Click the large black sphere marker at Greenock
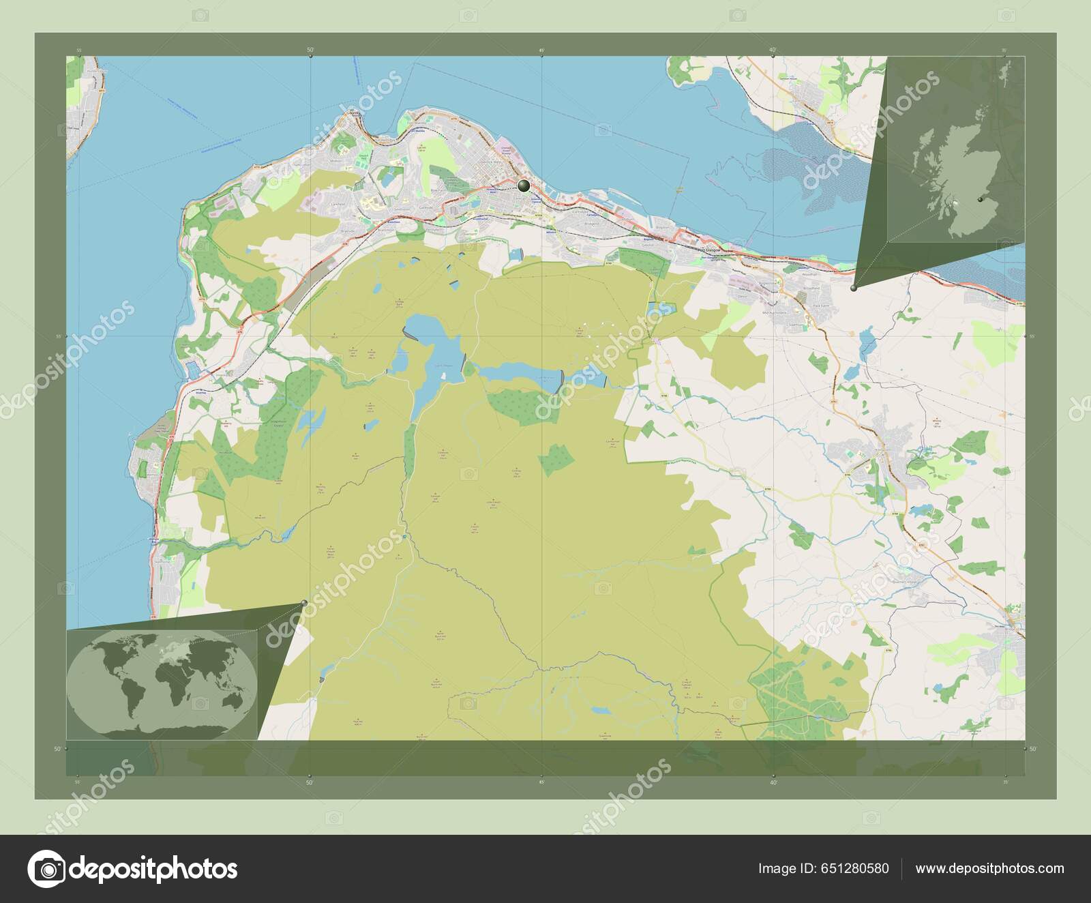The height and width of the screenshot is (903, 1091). coord(524,186)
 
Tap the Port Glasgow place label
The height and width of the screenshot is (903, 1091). coord(711,250)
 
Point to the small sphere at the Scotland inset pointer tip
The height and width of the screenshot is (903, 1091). coord(854,288)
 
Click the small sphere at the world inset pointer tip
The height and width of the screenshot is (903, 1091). coord(303,602)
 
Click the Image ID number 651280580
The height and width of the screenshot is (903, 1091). coord(856,868)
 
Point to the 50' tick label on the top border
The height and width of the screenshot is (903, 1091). coord(310,49)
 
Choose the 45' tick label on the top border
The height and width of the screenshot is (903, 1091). coord(541,49)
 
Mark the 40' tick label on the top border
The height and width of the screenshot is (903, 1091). coord(773,49)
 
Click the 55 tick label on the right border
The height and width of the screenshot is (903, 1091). coord(1032,336)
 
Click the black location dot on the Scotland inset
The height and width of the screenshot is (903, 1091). coord(980,199)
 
